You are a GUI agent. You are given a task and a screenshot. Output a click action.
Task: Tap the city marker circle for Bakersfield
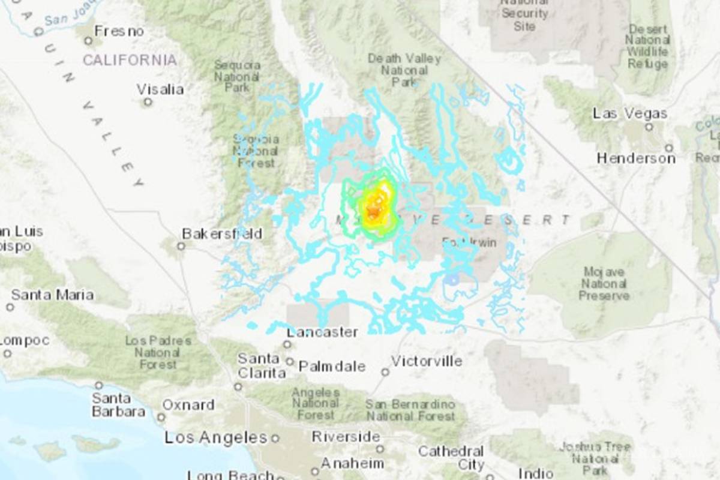point(181,246)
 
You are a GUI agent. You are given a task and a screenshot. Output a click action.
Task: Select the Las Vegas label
point(630,113)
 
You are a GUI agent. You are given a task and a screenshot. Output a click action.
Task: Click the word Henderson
point(636,158)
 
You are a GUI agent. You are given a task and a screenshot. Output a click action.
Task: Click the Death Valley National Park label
point(404,70)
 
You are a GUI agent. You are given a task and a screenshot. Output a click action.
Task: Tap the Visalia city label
point(160,89)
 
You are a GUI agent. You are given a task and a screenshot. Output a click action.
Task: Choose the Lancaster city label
point(322,332)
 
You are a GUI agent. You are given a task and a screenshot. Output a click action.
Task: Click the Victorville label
point(427,361)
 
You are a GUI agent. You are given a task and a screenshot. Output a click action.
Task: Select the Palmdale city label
point(332,366)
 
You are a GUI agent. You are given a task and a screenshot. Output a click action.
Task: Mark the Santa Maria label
point(52,295)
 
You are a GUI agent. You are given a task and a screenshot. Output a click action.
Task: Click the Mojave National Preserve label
point(605,284)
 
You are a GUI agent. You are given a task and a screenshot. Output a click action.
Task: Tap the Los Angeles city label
point(216,438)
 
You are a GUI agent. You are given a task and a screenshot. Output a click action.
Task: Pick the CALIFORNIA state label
point(130,60)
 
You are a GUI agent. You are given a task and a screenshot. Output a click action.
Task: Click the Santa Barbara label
point(118,405)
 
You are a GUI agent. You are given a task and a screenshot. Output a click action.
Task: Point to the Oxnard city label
point(188,405)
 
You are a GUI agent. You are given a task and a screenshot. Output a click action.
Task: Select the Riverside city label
point(346,437)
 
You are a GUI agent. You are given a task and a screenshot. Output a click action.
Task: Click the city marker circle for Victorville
point(385,372)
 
